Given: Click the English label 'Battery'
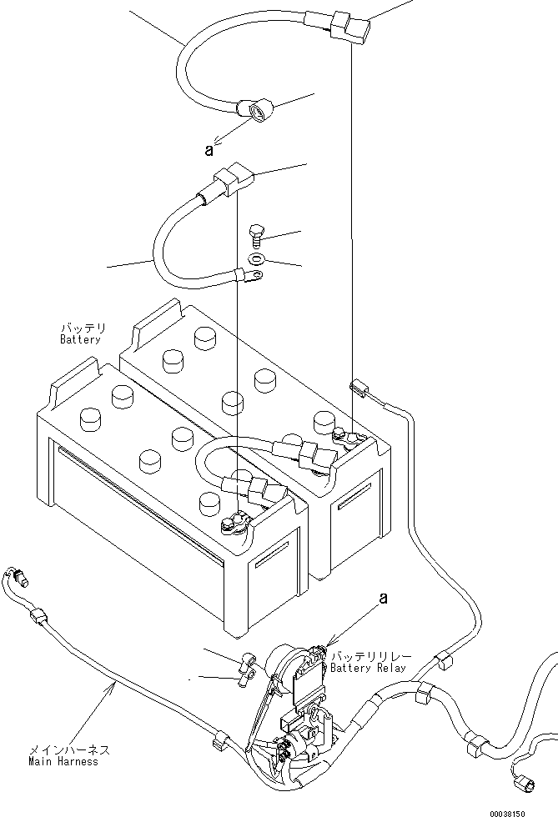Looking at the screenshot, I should (80, 339).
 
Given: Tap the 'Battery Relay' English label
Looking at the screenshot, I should (368, 668).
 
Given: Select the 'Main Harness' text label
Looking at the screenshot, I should (63, 761).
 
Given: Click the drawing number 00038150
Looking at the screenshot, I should (532, 812).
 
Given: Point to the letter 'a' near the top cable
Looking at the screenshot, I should (209, 150).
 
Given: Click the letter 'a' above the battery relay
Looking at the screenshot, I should (383, 598).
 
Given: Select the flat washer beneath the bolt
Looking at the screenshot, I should (258, 259).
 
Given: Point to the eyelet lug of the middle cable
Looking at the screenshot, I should (247, 272).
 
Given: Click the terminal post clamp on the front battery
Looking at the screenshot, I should (233, 524).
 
